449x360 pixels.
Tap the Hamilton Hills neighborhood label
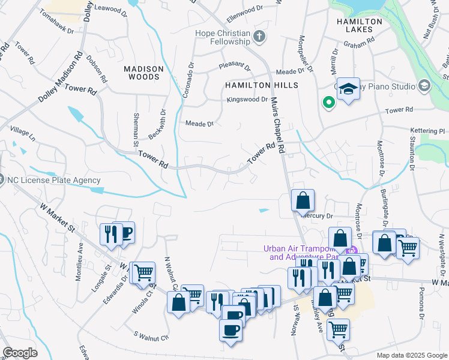pos(261,85)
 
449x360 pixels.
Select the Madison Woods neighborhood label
pos(142,73)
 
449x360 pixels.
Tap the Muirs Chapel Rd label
pos(277,125)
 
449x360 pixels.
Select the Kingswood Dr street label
pos(247,99)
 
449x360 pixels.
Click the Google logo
pos(20,352)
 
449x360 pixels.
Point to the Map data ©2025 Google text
pos(412,355)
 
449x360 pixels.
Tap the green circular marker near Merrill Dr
pos(328,102)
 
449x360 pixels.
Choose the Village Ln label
pos(23,135)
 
